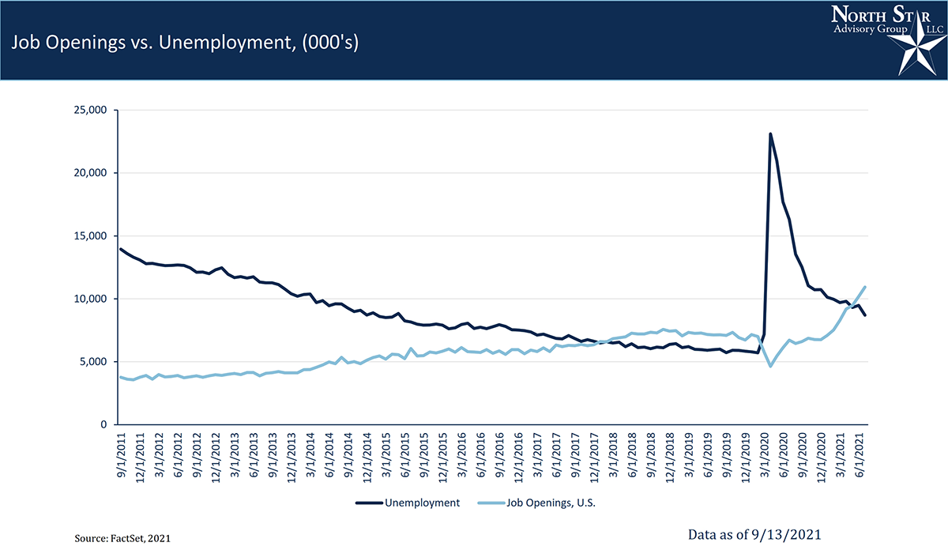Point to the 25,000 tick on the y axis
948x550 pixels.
88,110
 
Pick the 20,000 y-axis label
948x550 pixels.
88,173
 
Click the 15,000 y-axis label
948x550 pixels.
88,236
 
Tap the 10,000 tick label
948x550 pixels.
88,299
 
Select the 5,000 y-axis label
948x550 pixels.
92,362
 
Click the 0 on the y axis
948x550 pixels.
103,425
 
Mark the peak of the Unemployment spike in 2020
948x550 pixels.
770,134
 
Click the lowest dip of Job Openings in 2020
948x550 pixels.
770,367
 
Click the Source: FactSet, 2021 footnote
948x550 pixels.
122,537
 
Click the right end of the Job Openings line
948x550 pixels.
866,287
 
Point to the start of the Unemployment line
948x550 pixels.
121,249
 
